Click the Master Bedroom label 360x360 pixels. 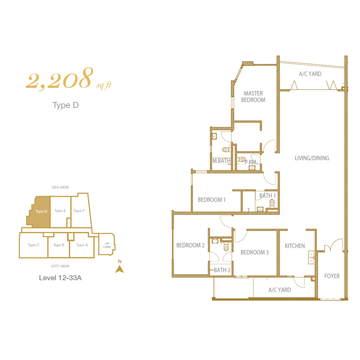(253, 96)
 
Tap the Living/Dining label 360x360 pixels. (312, 158)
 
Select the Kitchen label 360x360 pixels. (295, 246)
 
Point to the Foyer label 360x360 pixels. (332, 276)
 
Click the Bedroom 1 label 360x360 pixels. (212, 200)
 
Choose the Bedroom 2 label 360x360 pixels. (190, 245)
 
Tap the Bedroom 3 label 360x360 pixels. (255, 252)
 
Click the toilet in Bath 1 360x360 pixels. (272, 203)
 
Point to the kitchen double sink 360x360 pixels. (311, 257)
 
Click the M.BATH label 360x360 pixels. (221, 161)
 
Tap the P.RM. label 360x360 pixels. (251, 162)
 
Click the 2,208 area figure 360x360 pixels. (60, 78)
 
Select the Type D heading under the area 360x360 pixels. (66, 105)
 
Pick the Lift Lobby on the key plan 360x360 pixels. (107, 244)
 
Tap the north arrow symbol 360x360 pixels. (120, 269)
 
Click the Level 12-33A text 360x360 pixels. (60, 278)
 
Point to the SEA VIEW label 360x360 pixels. (60, 187)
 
